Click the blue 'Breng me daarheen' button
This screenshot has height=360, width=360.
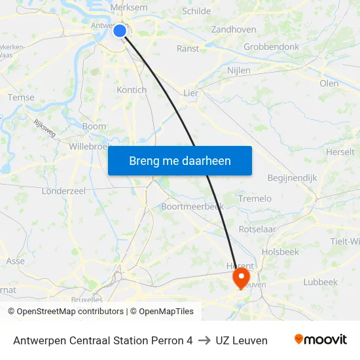click(179, 160)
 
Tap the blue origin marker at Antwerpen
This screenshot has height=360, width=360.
click(120, 30)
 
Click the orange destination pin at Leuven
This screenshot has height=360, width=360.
click(242, 276)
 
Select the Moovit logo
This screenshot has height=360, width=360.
click(320, 340)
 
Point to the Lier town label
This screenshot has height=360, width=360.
click(190, 93)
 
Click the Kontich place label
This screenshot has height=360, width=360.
click(131, 90)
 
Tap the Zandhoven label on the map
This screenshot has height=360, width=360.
click(234, 29)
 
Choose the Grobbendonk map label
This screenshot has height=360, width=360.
click(271, 47)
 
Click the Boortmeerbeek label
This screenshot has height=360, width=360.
click(192, 206)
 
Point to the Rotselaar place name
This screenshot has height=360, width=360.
click(257, 229)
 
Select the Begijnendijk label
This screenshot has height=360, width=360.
click(292, 177)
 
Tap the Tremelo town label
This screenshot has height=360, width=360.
click(255, 198)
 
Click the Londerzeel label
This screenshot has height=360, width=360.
click(63, 190)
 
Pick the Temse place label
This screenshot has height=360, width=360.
click(21, 98)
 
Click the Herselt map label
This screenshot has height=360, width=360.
click(340, 152)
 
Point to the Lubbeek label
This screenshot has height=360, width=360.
click(320, 282)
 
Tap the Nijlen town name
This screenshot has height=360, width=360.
click(239, 70)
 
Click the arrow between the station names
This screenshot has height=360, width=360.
click(204, 340)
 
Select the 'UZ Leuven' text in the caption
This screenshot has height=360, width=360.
click(242, 340)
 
